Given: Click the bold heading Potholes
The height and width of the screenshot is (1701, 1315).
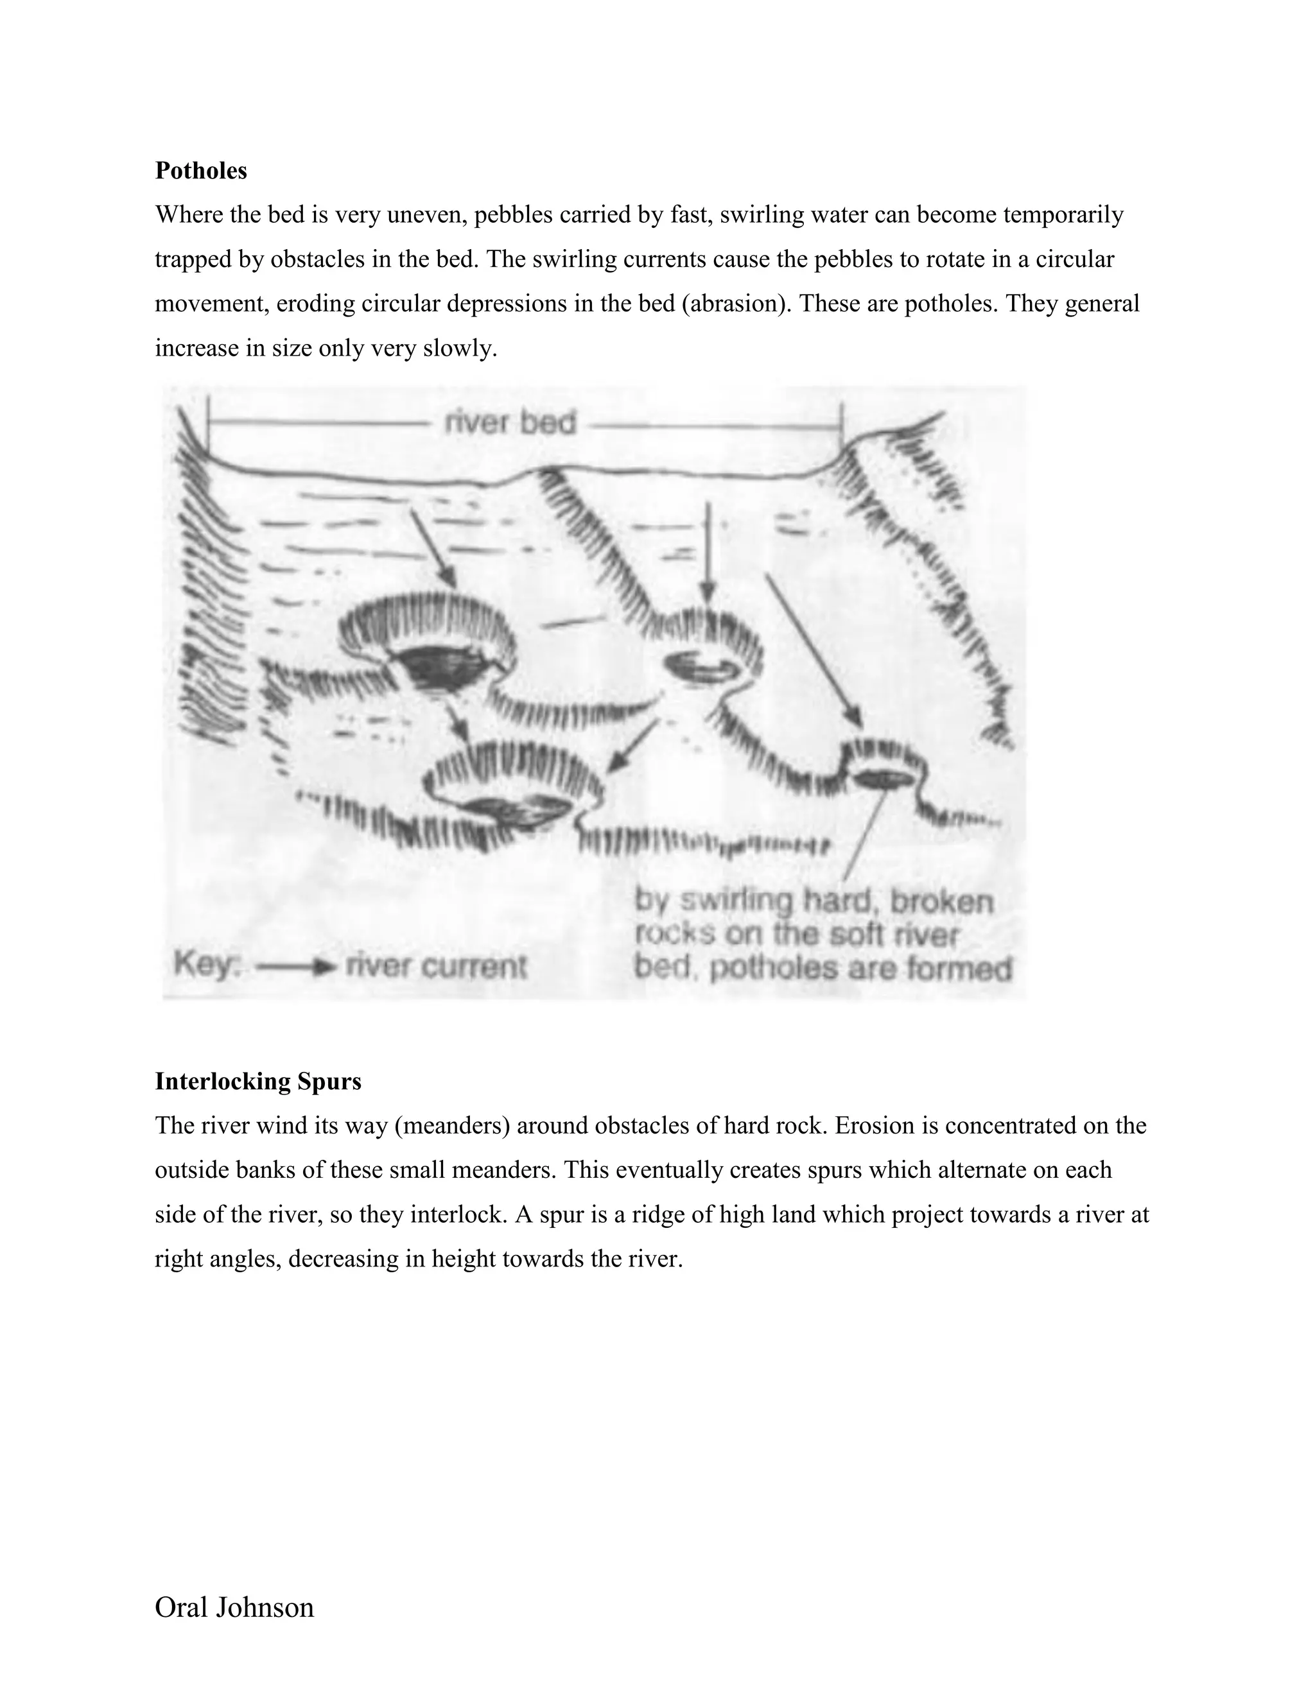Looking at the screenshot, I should (201, 171).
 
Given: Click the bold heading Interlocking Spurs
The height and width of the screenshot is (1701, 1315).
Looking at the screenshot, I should (258, 1082).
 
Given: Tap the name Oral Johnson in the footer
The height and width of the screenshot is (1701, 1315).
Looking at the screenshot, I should (234, 1607).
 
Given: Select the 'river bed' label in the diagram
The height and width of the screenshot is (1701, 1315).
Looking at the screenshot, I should (510, 423).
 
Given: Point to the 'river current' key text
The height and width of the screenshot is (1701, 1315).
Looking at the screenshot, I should (436, 967).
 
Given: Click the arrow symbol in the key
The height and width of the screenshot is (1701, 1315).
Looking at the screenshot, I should (296, 967).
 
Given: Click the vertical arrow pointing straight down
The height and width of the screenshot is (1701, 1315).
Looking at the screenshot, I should (708, 553).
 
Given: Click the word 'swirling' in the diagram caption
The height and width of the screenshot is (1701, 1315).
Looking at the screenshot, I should (736, 901).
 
